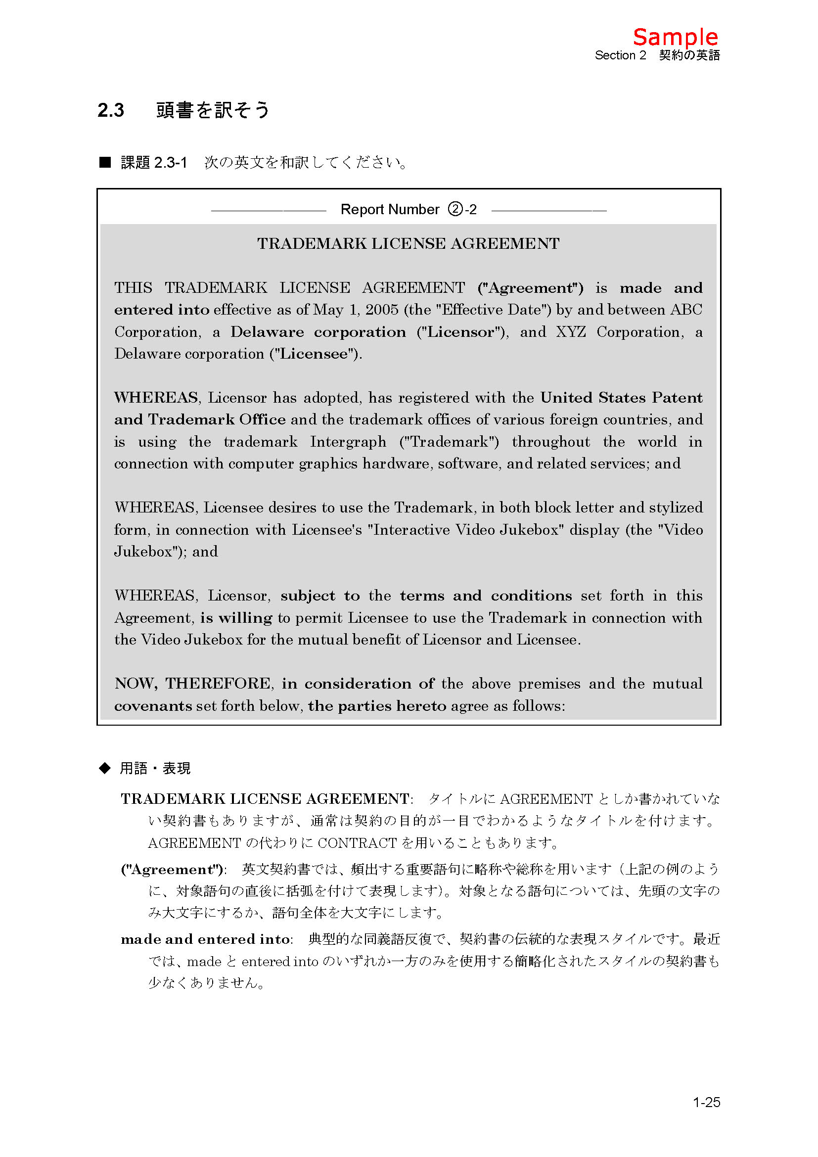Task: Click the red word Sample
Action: (x=675, y=37)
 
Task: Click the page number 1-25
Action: (x=706, y=1102)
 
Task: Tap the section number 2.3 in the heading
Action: (x=111, y=110)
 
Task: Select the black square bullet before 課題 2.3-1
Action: (x=105, y=162)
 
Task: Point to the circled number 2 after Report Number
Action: (x=455, y=209)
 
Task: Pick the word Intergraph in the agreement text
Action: (x=348, y=441)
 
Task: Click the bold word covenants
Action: (x=153, y=705)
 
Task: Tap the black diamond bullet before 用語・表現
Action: (x=105, y=768)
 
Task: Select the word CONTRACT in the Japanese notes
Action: (x=357, y=842)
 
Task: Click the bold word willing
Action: (x=245, y=617)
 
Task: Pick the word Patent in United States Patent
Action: (x=677, y=398)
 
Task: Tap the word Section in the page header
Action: (x=615, y=55)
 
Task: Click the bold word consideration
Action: (x=358, y=683)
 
